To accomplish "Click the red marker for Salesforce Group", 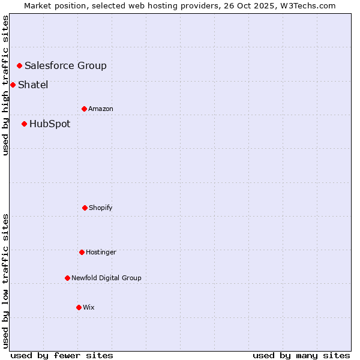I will point(19,65).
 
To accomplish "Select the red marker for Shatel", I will point(13,85).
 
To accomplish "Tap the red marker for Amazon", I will point(84,109).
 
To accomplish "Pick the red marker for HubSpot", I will point(24,124).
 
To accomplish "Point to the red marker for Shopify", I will point(85,208).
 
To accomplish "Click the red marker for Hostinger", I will point(82,252).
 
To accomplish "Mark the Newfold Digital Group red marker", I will point(67,278).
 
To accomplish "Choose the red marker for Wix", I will point(79,307).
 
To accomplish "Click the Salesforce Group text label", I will point(65,65).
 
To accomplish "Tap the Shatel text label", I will point(33,85).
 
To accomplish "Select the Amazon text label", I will point(101,109).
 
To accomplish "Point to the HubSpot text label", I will point(50,124).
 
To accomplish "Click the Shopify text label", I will point(101,208).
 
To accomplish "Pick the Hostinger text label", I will point(101,252).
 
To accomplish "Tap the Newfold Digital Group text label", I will point(106,278).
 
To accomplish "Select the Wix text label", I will point(89,307).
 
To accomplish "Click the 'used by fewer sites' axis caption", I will point(62,355).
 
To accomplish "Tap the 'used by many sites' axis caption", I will point(301,355).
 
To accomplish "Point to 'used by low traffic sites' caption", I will point(5,281).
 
